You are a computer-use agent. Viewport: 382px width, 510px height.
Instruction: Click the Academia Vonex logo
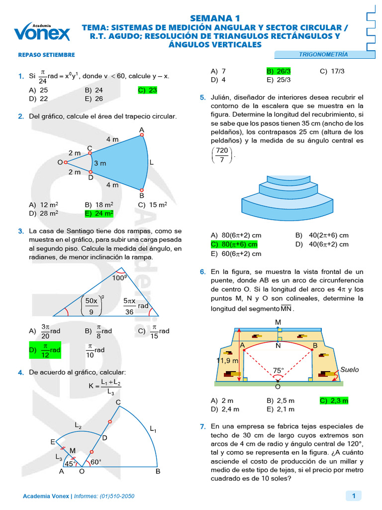(x=42, y=31)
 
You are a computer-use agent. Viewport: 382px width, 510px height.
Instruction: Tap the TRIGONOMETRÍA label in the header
(x=323, y=54)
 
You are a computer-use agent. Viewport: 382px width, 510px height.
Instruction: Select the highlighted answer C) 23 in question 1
(x=148, y=90)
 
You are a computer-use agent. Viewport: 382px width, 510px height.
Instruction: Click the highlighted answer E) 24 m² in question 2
(x=99, y=213)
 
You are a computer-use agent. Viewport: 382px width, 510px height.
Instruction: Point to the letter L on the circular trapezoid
(x=152, y=162)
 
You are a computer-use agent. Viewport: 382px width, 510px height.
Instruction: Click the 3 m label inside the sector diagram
(x=100, y=163)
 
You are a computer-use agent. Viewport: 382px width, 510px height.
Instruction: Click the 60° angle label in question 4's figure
(x=95, y=462)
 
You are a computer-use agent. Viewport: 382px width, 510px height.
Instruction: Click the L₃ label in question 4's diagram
(x=59, y=456)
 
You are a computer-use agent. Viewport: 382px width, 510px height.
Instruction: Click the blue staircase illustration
(x=281, y=197)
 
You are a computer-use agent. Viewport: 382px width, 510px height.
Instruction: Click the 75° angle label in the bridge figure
(x=279, y=371)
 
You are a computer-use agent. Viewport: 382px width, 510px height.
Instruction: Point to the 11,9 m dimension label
(x=227, y=360)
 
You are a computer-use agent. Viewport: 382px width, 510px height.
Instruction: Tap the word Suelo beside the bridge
(x=349, y=370)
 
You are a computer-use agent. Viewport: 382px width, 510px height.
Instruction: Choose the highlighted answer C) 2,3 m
(x=334, y=400)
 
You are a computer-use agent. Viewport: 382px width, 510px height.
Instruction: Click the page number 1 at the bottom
(x=353, y=496)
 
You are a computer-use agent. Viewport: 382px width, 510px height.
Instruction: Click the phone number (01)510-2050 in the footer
(x=117, y=496)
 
